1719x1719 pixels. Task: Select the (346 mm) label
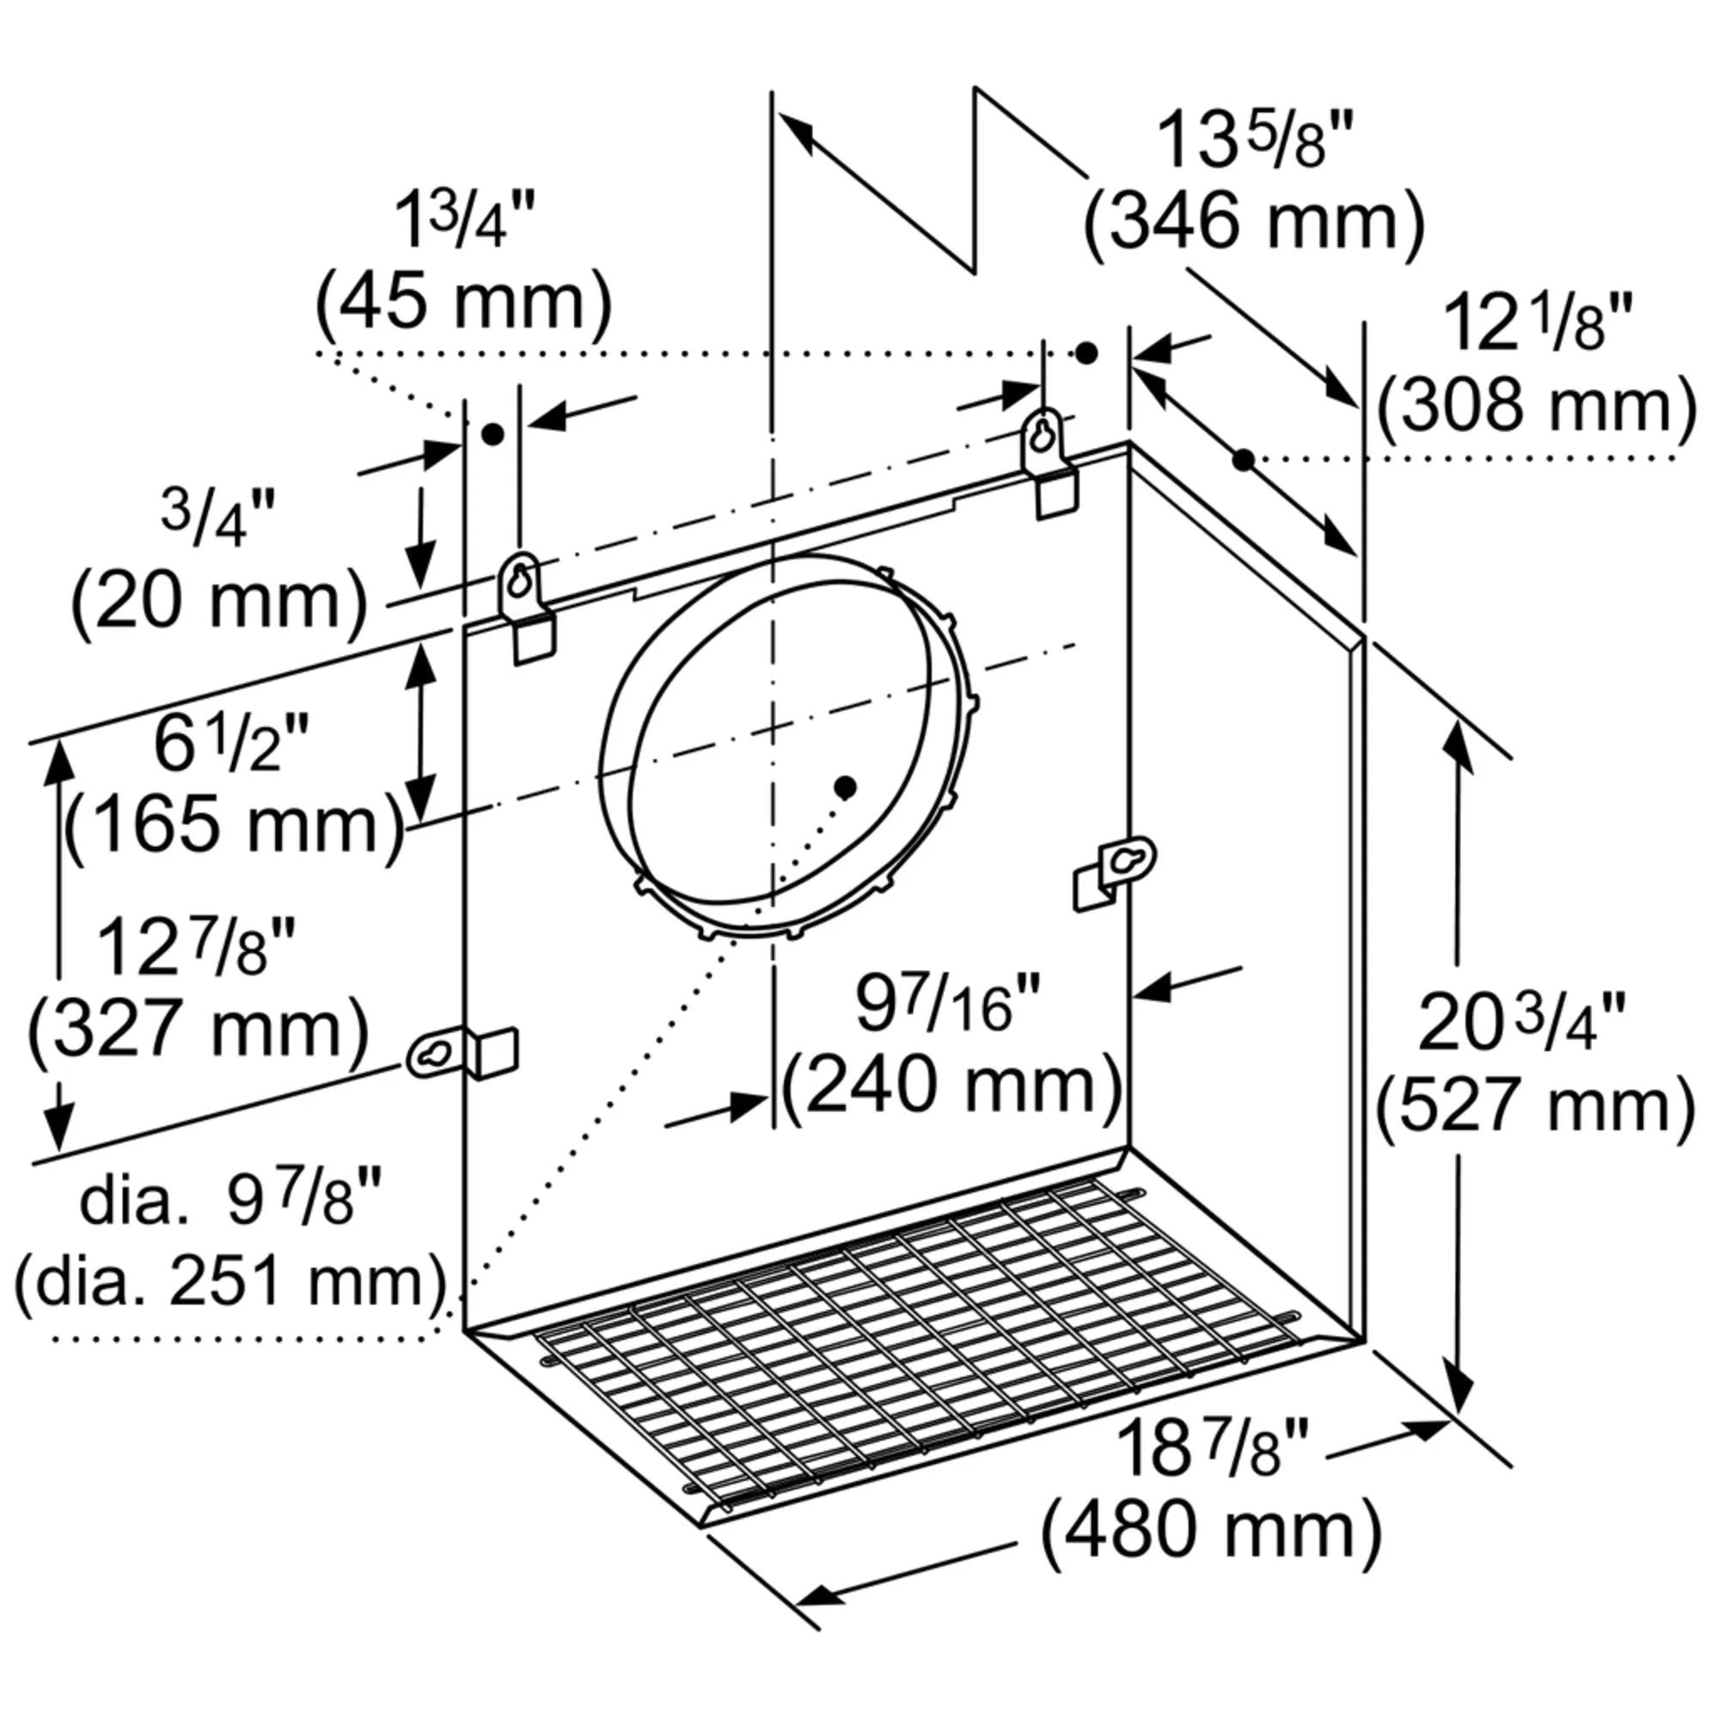(x=1253, y=223)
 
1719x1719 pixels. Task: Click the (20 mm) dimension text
(x=219, y=603)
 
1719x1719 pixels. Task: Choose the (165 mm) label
(x=235, y=825)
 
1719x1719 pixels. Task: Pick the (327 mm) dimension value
(x=198, y=1031)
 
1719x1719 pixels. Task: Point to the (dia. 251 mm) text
(x=229, y=1282)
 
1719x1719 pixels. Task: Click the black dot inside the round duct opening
(x=844, y=786)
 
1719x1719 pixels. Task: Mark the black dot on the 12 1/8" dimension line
(x=1244, y=459)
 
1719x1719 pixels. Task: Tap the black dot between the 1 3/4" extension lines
(x=492, y=434)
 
